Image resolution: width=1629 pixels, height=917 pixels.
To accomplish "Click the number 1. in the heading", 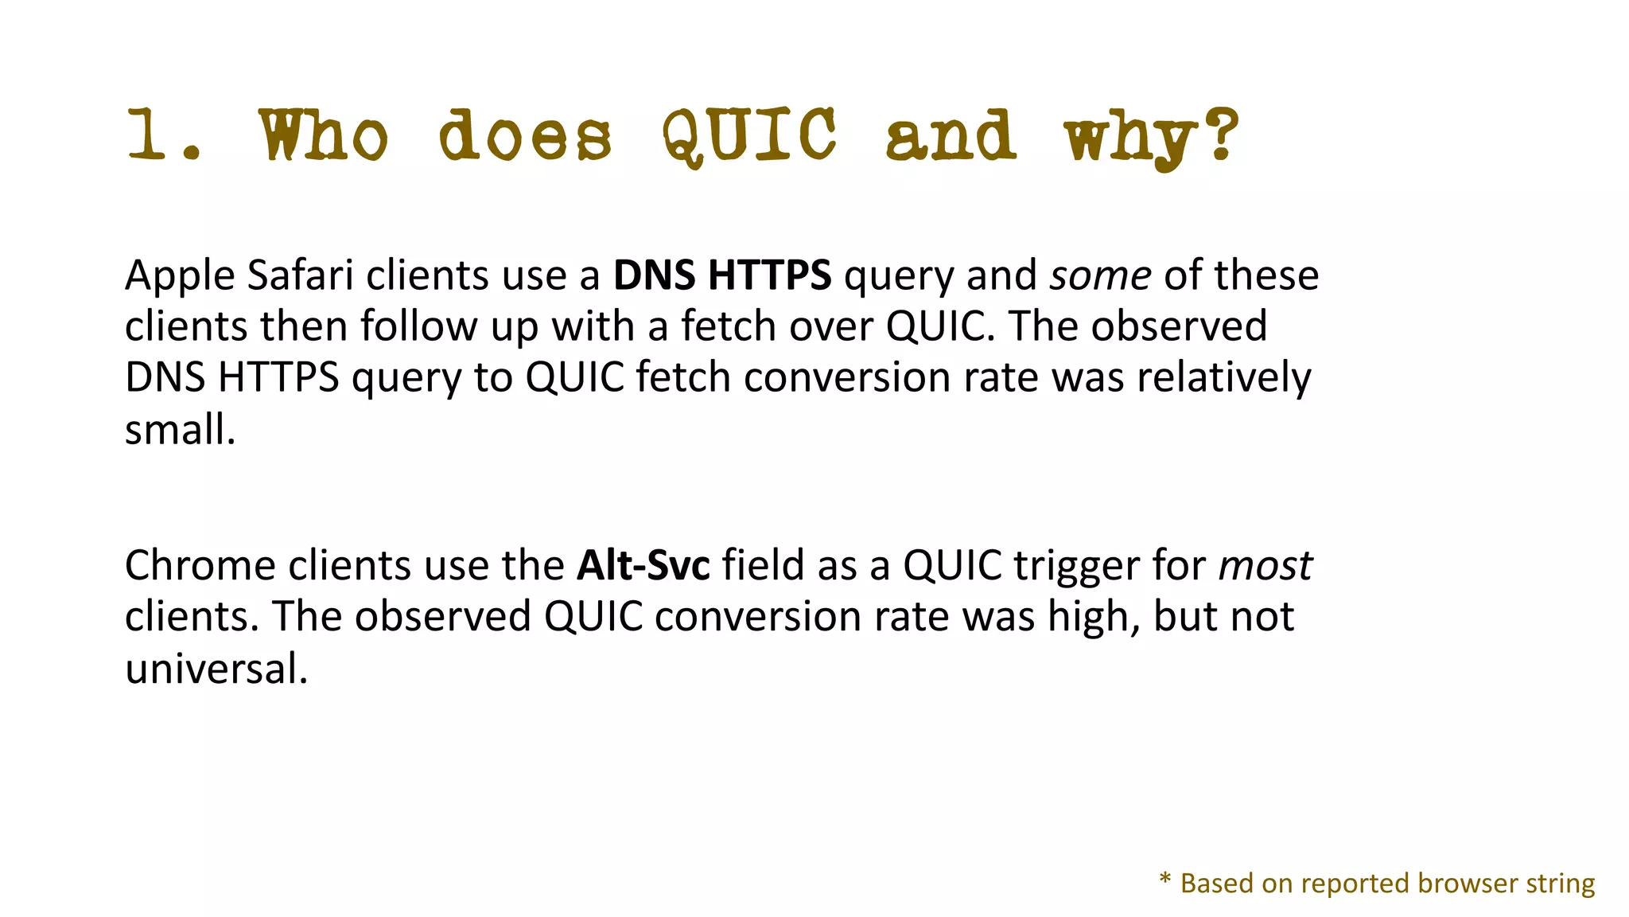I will coord(163,135).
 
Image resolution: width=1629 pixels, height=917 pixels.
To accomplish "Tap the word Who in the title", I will coord(323,135).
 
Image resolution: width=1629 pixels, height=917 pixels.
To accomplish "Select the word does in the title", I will coord(525,135).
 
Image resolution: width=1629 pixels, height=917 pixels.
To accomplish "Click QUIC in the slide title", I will coord(749,135).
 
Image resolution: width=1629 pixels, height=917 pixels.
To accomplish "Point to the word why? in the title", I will coord(1151,137).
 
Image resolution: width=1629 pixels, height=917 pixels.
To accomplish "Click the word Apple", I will coord(180,276).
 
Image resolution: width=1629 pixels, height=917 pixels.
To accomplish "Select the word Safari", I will coord(300,276).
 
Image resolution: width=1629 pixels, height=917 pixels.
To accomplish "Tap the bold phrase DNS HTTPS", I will coord(721,276).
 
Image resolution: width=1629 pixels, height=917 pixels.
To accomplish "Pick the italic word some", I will coord(1100,276).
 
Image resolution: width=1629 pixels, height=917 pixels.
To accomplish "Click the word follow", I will coord(418,327).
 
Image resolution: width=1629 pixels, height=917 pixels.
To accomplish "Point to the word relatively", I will coord(1223,378).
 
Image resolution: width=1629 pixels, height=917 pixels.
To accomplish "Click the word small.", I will coord(180,430).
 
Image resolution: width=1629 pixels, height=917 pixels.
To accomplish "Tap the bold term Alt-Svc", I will coord(643,566).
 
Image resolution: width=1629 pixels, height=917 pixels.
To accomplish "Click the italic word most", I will coord(1265,566).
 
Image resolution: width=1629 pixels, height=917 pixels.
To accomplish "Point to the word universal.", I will coord(216,669).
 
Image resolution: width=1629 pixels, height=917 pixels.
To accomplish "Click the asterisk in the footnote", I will coord(1165,880).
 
